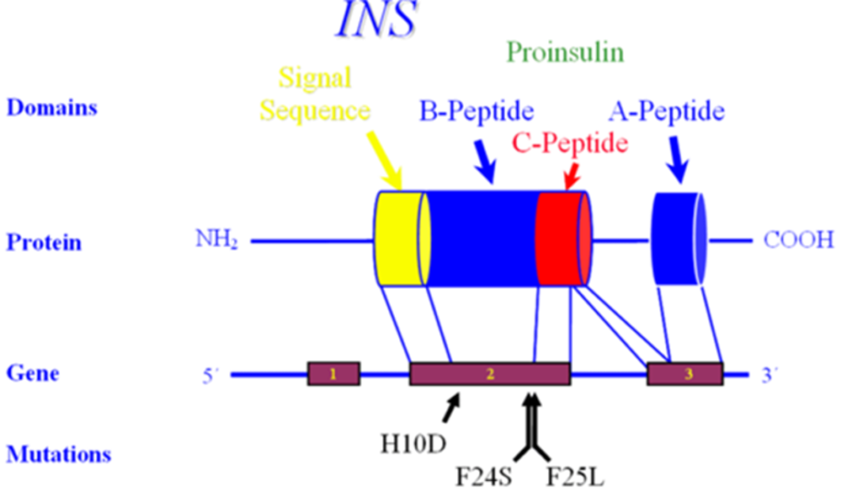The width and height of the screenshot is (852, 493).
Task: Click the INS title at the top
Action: point(376,19)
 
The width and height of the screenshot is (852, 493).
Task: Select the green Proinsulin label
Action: point(565,52)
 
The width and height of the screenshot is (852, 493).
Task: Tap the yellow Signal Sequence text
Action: point(315,94)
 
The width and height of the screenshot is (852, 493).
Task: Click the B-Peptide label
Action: point(477,112)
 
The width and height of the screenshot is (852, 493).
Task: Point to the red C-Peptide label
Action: point(570,143)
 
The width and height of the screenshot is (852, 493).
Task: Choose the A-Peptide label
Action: point(666,112)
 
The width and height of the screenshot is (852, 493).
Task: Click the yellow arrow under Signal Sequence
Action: point(384,160)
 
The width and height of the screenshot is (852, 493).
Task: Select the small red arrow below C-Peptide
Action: point(572,176)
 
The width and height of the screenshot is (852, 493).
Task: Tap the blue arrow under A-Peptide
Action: point(679,160)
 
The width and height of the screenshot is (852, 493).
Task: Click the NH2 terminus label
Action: point(216,239)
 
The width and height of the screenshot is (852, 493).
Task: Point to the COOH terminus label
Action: point(798,240)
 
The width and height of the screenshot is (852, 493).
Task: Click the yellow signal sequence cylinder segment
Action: point(400,239)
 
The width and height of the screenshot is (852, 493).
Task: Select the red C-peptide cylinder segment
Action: point(563,239)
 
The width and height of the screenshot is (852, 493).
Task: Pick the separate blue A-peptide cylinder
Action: point(679,239)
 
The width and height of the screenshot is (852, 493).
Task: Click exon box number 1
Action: point(333,374)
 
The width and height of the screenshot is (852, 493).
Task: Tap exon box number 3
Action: point(685,374)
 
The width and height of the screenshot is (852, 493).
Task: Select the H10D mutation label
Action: point(413,444)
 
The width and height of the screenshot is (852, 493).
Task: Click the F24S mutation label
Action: point(483,478)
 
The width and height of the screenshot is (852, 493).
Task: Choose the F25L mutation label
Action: point(575,478)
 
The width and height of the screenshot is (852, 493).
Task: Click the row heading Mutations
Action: point(58,454)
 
